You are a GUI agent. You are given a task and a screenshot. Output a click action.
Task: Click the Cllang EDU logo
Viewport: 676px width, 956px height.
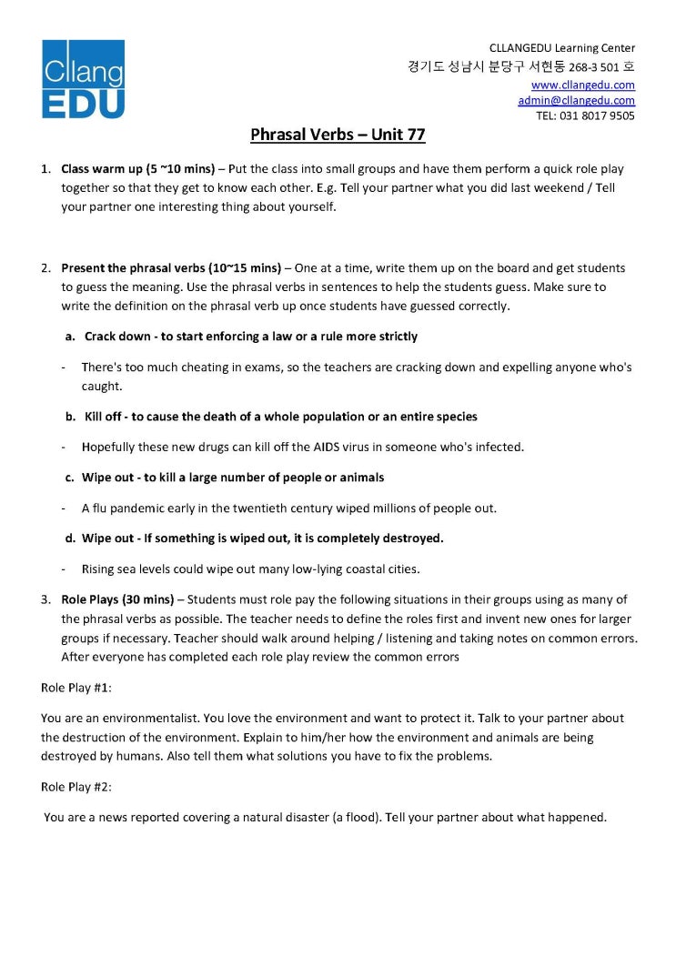83,79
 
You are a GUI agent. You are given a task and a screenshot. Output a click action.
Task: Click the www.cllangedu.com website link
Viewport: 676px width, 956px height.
582,85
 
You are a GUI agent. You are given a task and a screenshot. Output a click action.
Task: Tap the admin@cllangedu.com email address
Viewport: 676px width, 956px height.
576,100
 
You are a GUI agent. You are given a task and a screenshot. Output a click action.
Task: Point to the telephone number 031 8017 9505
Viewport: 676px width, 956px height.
598,116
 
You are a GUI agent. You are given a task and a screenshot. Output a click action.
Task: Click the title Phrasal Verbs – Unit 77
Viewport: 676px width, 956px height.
338,136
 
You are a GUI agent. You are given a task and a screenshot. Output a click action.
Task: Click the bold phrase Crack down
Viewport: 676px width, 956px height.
117,337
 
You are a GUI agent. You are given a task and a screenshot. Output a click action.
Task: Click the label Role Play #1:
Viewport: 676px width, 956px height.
76,688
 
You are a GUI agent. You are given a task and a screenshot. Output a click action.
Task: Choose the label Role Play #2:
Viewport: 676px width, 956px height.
76,786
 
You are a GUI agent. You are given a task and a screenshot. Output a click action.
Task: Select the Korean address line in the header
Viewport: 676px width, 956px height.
521,67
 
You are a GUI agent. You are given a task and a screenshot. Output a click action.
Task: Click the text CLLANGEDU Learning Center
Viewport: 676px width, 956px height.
561,48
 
